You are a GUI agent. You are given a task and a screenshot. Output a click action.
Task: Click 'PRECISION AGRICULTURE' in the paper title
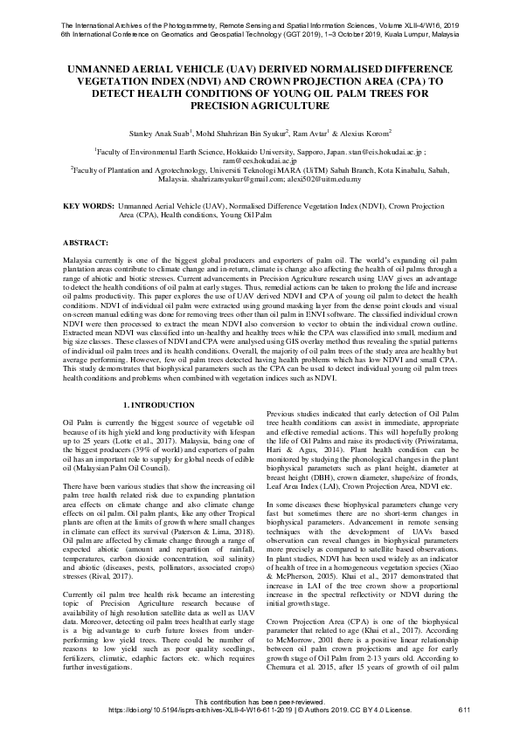pos(260,106)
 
